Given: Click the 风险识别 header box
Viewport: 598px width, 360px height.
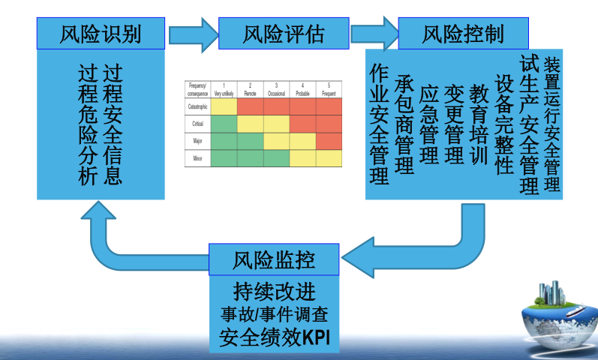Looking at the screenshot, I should tap(101, 34).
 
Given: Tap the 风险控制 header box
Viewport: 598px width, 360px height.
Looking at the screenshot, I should tap(462, 34).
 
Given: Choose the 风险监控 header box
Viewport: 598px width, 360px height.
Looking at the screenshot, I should tap(273, 260).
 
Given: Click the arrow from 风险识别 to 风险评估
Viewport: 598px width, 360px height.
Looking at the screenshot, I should tap(191, 34).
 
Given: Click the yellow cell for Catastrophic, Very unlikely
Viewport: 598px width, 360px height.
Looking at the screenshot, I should tap(224, 106).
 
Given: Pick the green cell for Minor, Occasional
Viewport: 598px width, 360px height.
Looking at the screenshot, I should tap(276, 157).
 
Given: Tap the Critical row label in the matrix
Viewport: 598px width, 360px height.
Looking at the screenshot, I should tap(197, 124).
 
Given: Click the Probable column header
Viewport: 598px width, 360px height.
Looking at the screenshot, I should tap(303, 90).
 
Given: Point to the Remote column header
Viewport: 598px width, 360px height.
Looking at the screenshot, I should tap(251, 90).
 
